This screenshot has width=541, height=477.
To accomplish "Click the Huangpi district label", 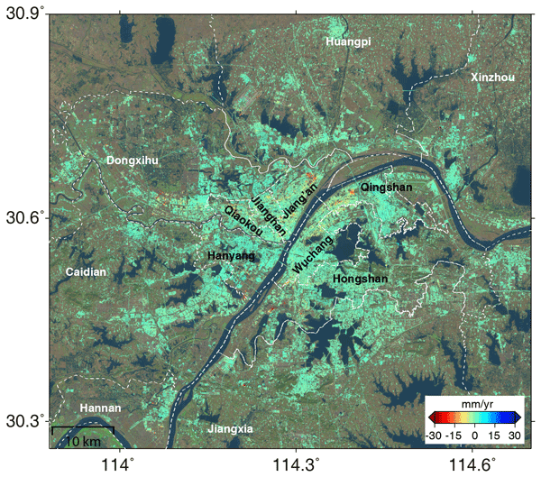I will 349,42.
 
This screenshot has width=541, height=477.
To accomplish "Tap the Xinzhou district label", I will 492,78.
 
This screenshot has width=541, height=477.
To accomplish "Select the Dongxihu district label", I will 133,161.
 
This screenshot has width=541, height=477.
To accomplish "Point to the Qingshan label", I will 386,188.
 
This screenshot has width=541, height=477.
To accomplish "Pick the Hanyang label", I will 232,256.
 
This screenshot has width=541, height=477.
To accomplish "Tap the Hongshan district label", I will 361,280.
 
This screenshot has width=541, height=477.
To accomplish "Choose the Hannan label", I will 100,408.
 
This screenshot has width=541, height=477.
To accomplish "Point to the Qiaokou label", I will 243,221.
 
